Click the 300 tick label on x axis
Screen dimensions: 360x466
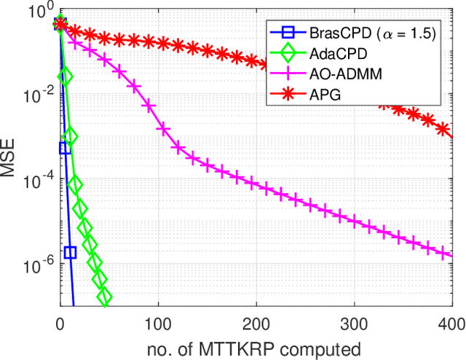click(x=355, y=323)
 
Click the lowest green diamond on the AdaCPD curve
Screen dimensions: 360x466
click(x=104, y=296)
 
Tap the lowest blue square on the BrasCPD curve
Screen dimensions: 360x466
click(x=70, y=253)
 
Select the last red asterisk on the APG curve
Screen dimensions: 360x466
click(x=445, y=130)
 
